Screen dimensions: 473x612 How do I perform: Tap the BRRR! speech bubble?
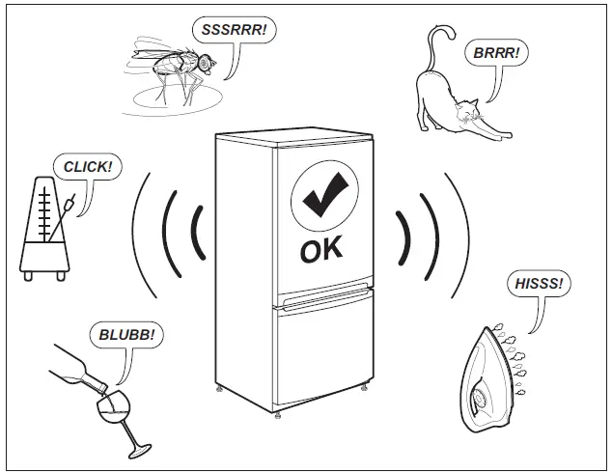click(495, 53)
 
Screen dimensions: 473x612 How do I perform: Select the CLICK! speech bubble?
click(87, 167)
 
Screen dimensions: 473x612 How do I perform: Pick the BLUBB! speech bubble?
click(125, 336)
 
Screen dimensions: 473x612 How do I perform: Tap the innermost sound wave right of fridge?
click(403, 236)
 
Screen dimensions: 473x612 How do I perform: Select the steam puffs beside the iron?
click(518, 362)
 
